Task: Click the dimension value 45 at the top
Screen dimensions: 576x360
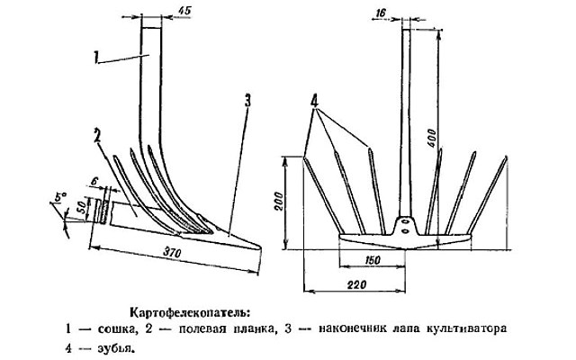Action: [184, 12]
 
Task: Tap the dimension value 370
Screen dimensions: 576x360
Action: [173, 254]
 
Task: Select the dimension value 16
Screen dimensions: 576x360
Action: [381, 13]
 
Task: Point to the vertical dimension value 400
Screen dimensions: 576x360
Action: [432, 138]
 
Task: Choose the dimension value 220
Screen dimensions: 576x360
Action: [356, 284]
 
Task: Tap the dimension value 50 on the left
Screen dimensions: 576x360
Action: [83, 208]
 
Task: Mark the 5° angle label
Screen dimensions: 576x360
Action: [58, 197]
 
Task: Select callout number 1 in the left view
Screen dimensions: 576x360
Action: [96, 58]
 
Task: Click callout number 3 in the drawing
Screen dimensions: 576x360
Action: [248, 101]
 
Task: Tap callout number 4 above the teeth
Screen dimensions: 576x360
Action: [315, 102]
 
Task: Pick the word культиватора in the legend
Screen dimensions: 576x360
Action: [466, 328]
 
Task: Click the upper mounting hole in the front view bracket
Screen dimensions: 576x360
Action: [404, 221]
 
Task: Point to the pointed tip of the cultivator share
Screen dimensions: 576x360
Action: [260, 247]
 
